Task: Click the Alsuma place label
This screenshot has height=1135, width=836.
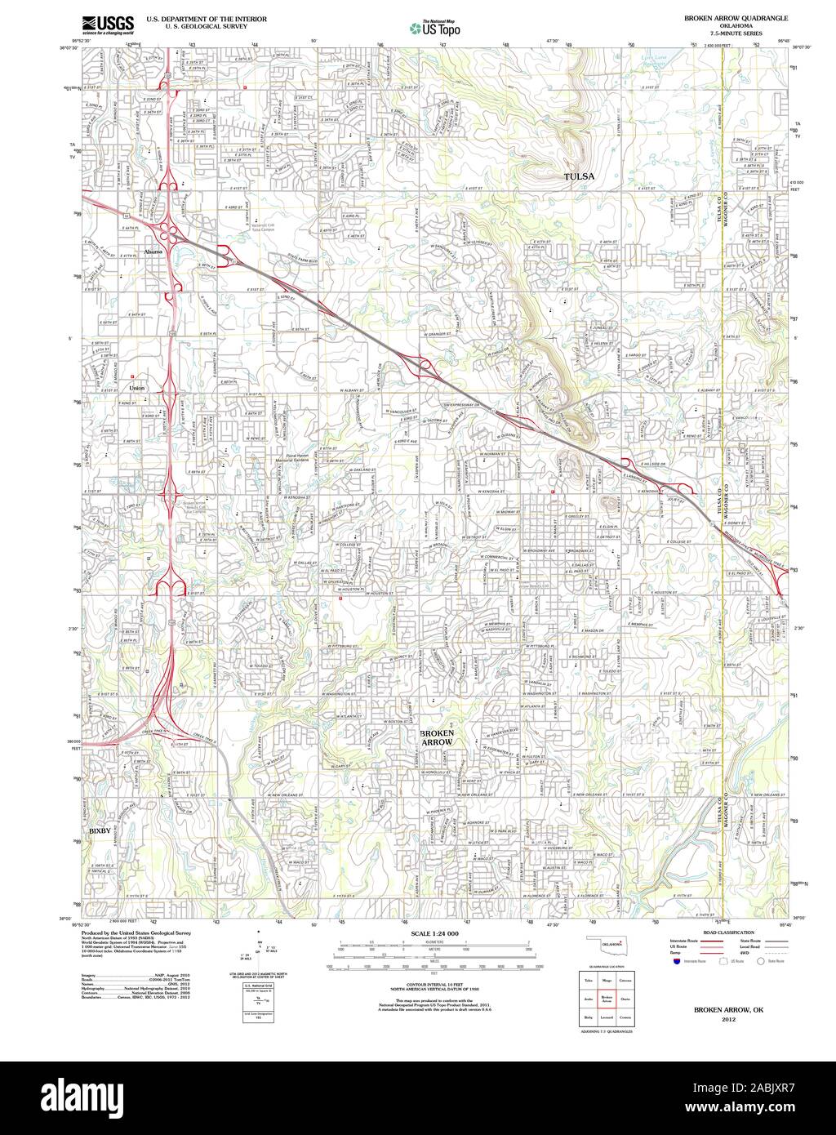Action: (x=153, y=252)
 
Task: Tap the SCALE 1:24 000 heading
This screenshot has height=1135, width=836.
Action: (x=434, y=933)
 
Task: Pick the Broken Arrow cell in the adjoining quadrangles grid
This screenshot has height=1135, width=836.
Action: (x=607, y=998)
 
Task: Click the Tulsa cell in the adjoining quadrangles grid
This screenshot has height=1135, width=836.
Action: (x=588, y=979)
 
